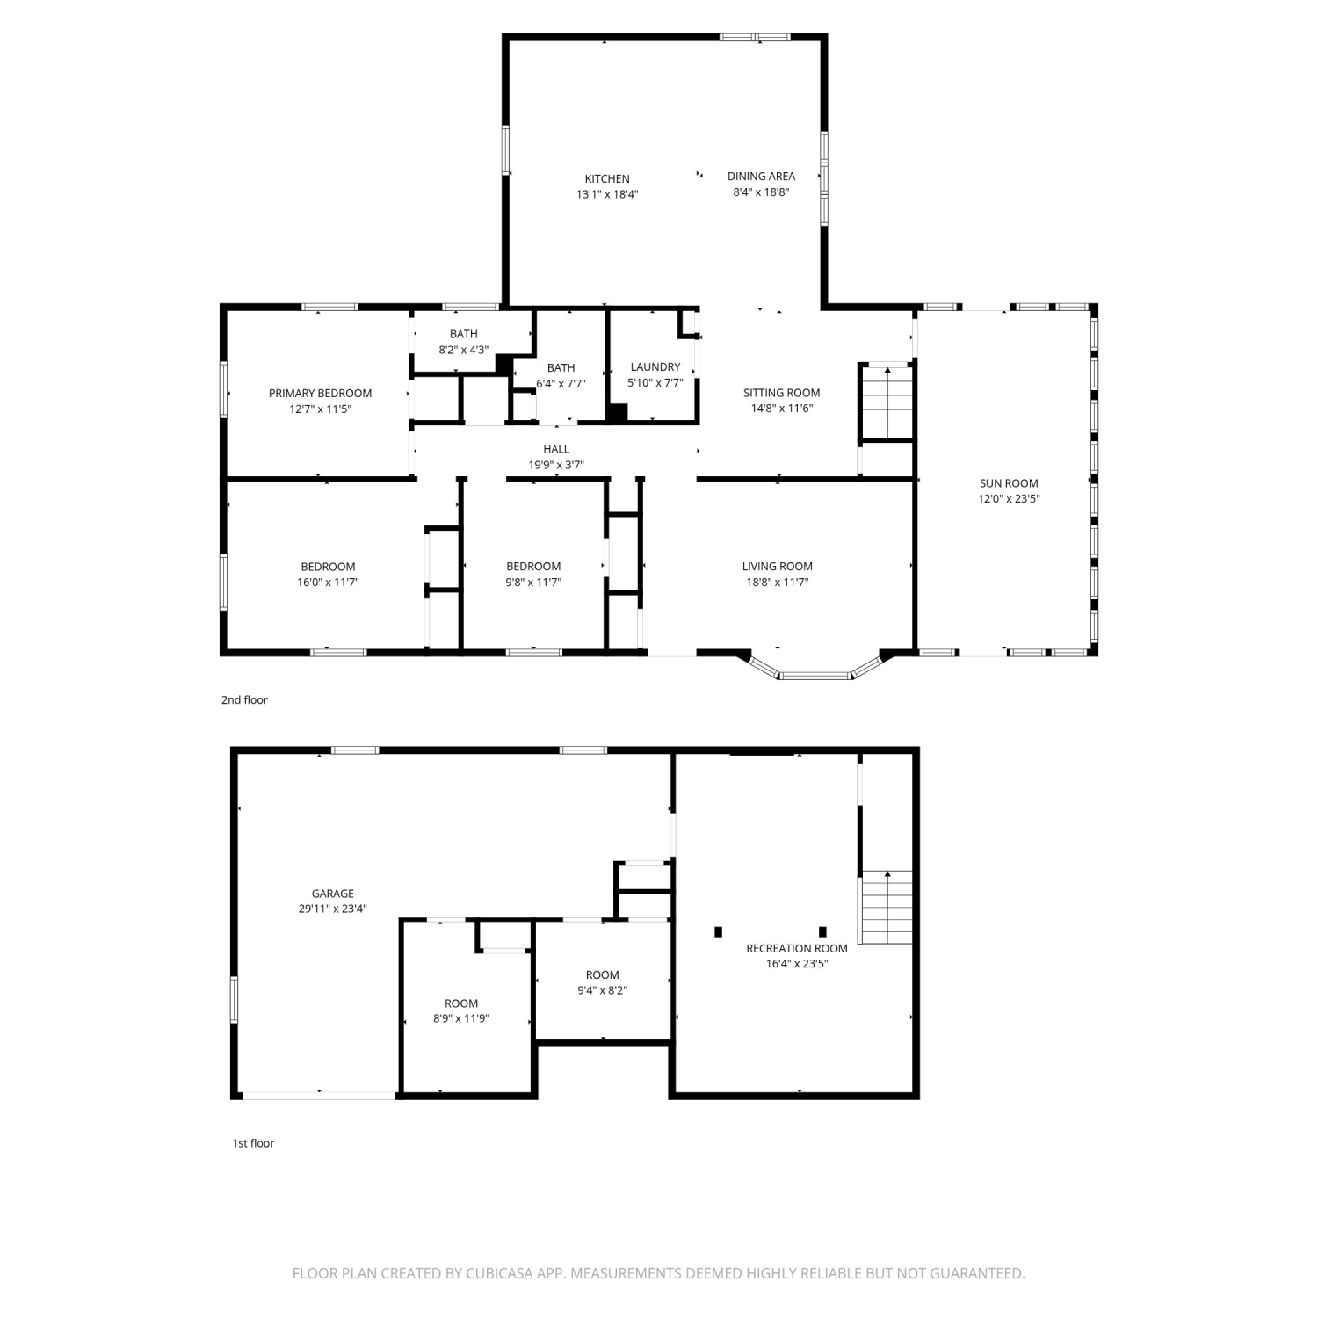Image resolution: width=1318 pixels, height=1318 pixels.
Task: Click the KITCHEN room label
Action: pos(607,178)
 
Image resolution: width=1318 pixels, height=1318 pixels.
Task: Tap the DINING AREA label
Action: pos(761,176)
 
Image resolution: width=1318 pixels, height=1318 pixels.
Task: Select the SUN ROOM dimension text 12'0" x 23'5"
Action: pos(1009,498)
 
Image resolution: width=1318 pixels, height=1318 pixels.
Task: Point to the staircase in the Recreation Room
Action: pos(887,907)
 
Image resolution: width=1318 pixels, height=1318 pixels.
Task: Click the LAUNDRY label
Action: pos(655,366)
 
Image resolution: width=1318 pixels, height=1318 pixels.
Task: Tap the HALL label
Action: pos(556,449)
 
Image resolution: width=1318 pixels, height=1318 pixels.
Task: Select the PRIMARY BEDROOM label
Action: pos(321,393)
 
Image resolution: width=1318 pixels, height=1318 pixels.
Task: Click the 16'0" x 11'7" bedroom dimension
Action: pos(328,582)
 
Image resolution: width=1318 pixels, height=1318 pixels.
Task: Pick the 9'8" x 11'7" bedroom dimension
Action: pos(533,582)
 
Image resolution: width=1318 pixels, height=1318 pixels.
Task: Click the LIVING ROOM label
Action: pos(778,566)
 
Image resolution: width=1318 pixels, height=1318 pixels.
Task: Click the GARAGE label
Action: pos(333,894)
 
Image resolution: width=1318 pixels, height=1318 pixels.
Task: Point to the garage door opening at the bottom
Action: pos(319,1095)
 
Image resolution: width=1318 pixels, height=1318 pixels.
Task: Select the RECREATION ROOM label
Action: pos(797,948)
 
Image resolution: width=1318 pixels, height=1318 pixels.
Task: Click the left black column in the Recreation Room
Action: pos(719,931)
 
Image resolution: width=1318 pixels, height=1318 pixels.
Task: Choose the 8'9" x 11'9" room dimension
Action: pos(461,1018)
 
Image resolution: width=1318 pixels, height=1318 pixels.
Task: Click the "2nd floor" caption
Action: pos(244,699)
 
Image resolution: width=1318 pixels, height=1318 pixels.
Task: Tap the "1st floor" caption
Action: pos(253,1143)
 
